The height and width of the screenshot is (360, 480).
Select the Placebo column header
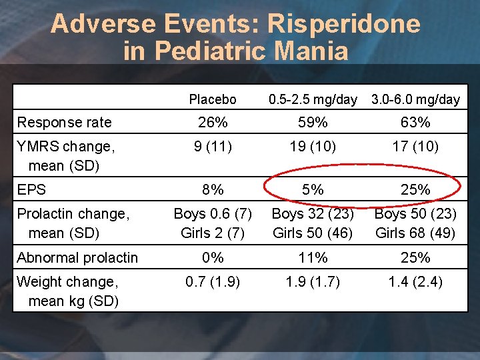coord(213,99)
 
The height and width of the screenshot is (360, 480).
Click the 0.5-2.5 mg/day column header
coord(313,100)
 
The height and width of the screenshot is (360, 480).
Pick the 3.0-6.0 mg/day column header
coord(415,100)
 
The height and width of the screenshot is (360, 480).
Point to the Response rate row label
coord(64,123)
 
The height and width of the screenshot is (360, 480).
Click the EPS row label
coord(31,189)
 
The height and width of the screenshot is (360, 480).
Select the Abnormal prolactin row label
coord(77,258)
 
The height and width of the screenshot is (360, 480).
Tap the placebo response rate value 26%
coord(213,123)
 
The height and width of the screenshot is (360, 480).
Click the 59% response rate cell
coord(313,123)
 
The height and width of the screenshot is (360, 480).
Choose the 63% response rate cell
coord(415,123)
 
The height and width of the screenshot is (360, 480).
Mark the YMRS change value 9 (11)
coord(213,147)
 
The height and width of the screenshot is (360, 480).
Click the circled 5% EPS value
coord(313,189)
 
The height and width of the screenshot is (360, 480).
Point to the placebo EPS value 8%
coord(213,189)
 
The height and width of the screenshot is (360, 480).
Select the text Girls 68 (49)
coord(415,233)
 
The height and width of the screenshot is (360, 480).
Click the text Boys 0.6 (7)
coord(213,214)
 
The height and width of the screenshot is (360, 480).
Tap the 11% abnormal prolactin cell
coord(313,258)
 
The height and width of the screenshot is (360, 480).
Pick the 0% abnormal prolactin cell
coord(213,258)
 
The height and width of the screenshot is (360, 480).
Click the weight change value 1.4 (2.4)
coord(415,282)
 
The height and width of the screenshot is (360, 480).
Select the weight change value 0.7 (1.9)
coord(213,282)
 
